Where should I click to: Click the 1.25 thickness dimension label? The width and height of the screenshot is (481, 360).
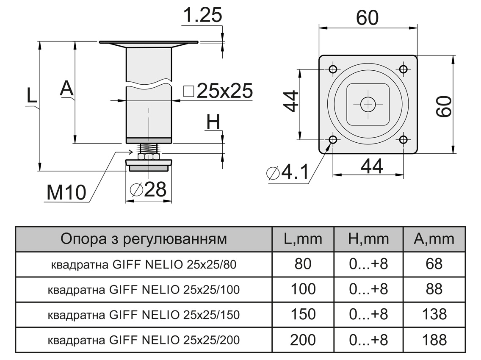202,16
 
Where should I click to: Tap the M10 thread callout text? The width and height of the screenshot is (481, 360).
66,193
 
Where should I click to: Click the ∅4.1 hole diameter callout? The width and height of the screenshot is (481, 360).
287,173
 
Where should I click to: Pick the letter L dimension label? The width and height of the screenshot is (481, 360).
32,97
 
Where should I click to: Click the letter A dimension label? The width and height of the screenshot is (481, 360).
67,89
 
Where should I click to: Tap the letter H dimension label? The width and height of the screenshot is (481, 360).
213,122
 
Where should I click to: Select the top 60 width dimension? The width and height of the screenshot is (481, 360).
367,18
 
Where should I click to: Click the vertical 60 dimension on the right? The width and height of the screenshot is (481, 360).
444,106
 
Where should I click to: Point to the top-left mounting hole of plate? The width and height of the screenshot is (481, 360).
333,69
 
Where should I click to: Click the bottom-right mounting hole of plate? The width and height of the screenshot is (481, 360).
403,139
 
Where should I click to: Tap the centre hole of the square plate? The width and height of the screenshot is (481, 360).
368,104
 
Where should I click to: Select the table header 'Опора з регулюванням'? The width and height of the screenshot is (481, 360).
144,239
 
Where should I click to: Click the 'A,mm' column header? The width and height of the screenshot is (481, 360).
434,239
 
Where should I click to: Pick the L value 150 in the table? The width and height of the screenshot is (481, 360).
303,314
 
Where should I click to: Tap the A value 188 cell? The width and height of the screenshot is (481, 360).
434,339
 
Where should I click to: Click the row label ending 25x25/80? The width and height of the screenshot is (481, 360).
144,265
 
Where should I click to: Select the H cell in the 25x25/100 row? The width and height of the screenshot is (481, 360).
368,289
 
